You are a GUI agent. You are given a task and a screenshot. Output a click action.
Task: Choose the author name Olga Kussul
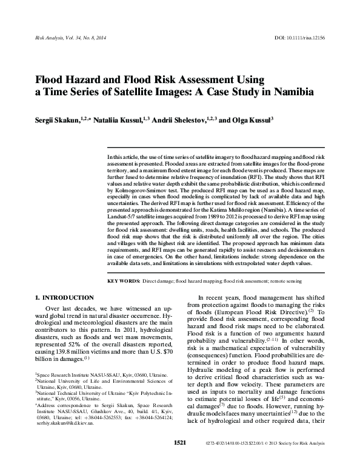tap(252, 120)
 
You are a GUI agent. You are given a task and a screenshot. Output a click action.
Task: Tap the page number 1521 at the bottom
tap(179, 460)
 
